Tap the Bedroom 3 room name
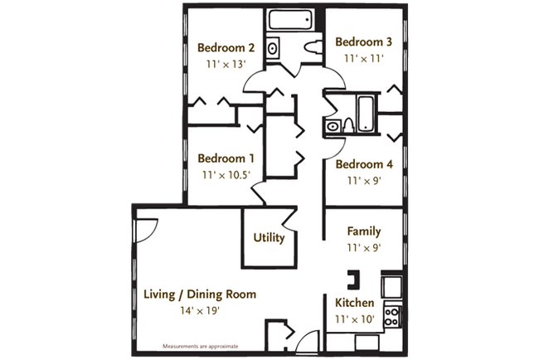362,41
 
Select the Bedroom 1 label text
226,158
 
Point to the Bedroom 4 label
363,164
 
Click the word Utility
269,238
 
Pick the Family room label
363,231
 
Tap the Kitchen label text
355,303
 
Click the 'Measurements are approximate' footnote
199,344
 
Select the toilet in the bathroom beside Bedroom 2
312,47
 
